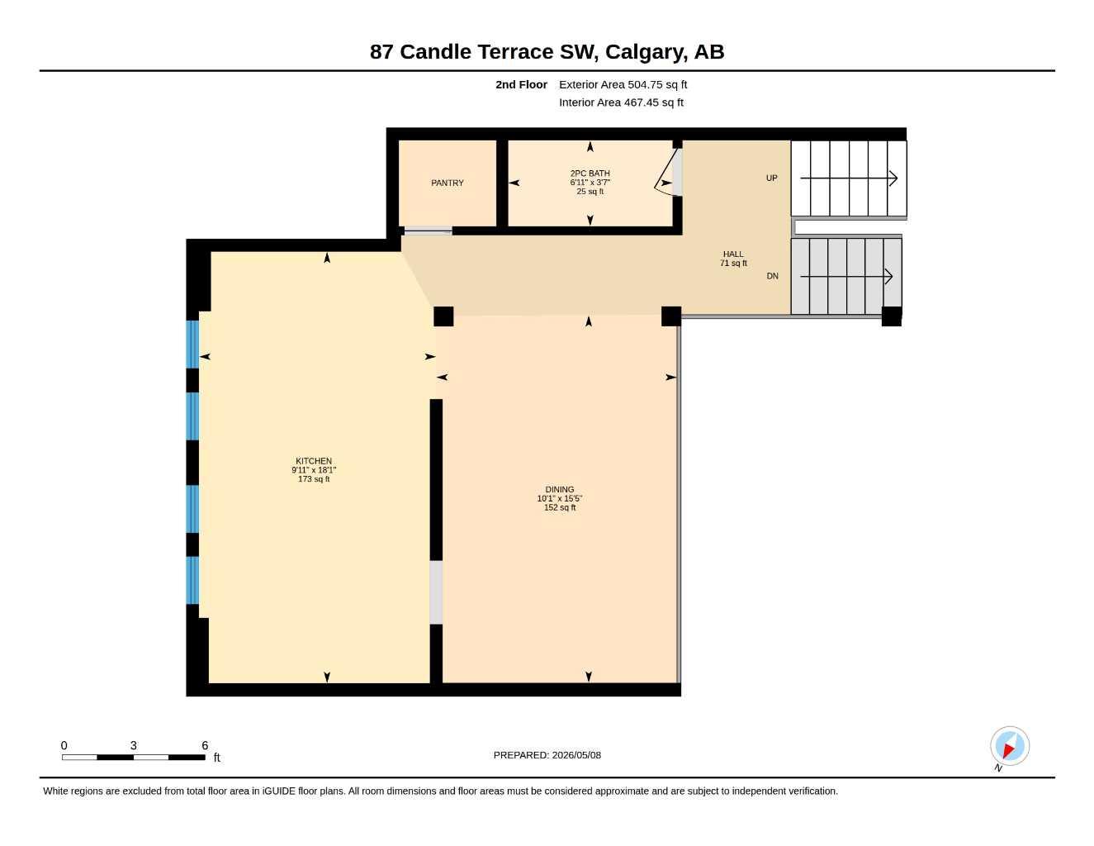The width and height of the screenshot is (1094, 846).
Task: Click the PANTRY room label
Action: (x=447, y=183)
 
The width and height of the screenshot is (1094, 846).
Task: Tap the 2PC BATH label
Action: (x=590, y=173)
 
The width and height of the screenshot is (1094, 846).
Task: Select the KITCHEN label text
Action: (x=314, y=461)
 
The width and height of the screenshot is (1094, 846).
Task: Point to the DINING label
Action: (x=559, y=489)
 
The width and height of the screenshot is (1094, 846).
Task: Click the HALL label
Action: (x=733, y=254)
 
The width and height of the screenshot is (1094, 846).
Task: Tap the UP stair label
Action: (x=772, y=178)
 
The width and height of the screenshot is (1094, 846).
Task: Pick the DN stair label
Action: (x=772, y=276)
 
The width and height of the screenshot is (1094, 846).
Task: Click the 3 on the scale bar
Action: (x=134, y=745)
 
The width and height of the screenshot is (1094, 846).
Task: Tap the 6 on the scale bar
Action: (x=205, y=745)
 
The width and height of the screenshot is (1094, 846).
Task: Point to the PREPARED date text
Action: (x=547, y=755)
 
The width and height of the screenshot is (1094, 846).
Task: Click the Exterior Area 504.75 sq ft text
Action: (x=623, y=84)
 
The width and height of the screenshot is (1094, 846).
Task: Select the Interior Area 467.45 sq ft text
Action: (x=621, y=102)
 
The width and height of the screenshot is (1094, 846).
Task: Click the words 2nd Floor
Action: (x=521, y=84)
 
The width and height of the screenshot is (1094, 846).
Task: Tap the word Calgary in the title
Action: (x=646, y=52)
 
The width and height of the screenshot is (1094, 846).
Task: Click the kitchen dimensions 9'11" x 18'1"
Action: (x=314, y=470)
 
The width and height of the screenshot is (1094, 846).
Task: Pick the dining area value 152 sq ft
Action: (x=559, y=507)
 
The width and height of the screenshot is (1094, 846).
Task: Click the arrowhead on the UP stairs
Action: (x=893, y=178)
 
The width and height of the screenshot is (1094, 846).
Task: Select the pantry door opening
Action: (x=428, y=231)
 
